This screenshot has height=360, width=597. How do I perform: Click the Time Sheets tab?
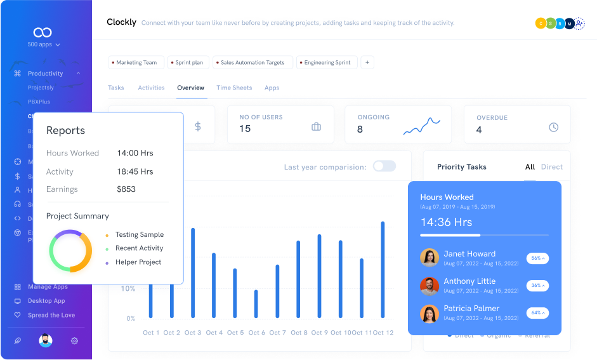234,88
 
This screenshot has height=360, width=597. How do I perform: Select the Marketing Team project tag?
136,63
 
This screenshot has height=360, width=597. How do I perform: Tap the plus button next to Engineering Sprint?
367,62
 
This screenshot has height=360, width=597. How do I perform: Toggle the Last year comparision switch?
384,166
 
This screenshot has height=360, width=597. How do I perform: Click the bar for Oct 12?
383,269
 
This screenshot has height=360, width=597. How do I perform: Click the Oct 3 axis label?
192,333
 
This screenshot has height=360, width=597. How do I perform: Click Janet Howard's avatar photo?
430,258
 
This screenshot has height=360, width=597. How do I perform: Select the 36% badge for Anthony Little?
537,286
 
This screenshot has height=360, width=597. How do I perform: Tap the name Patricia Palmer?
471,309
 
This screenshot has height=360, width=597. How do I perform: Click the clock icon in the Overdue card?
553,127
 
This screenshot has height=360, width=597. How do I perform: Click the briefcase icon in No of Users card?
316,127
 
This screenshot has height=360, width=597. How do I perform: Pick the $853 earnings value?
126,189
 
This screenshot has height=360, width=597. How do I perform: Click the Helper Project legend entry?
138,262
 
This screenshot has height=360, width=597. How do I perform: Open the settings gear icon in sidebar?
74,341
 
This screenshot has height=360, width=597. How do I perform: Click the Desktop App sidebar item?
46,301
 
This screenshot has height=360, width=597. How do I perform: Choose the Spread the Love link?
51,315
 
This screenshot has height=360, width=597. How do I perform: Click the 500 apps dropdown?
44,45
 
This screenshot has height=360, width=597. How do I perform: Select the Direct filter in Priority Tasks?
551,167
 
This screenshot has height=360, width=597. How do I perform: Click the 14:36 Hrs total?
446,222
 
